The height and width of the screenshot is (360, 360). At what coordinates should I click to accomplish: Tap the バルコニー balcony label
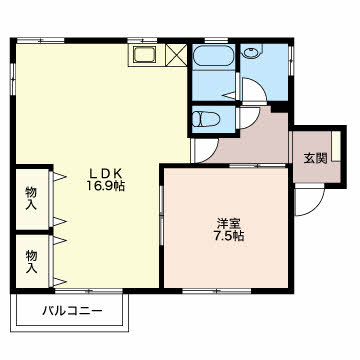(71, 311)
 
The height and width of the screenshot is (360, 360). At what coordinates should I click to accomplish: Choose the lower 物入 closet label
(31, 261)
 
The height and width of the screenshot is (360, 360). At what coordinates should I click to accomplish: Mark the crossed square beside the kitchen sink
(177, 55)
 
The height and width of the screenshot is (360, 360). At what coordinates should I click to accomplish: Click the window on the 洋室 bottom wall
(204, 291)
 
